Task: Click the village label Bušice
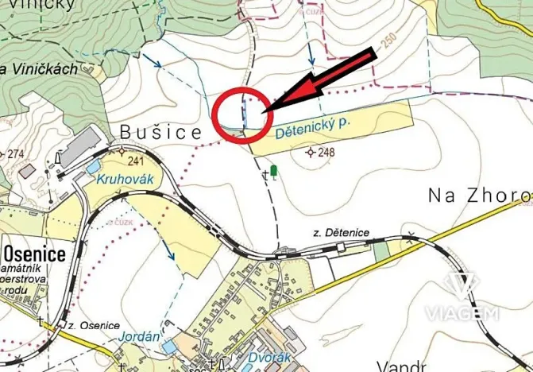(x=161, y=133)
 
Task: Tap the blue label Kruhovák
(x=125, y=180)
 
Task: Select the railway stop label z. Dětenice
(x=342, y=231)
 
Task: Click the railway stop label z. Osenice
(x=93, y=325)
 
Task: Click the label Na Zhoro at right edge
(x=479, y=195)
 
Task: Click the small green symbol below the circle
(x=274, y=170)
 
